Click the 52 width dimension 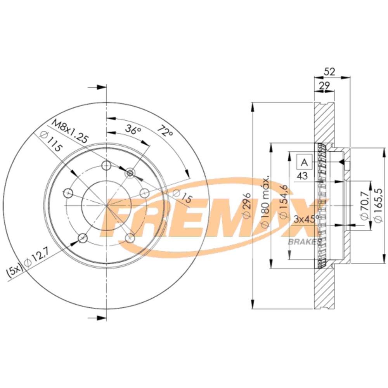[x=329, y=71]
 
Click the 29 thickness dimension [x=324, y=86]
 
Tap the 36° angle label [x=133, y=129]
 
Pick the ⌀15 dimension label [x=183, y=196]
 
